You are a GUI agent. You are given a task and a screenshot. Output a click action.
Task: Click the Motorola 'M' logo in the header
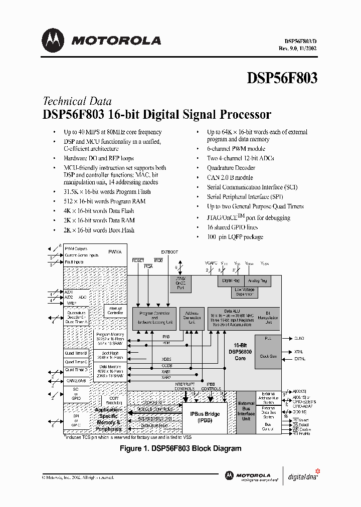coord(53,41)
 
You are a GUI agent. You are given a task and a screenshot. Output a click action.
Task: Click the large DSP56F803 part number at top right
coord(282,78)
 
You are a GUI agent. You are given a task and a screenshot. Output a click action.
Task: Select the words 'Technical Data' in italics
coord(77,101)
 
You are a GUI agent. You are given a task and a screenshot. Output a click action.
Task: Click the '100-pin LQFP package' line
coord(235,237)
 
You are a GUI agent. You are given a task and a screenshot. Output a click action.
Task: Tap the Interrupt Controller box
coord(115,311)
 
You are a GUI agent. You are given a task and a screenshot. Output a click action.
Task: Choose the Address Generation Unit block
coord(192,318)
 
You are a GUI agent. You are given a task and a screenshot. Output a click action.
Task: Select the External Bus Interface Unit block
coord(246,411)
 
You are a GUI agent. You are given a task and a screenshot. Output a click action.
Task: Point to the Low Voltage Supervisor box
coord(245,292)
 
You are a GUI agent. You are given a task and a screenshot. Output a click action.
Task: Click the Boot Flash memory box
coord(110,356)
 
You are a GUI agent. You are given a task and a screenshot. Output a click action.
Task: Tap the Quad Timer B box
coord(76,354)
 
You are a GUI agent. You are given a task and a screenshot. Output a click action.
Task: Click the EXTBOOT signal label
coord(169,252)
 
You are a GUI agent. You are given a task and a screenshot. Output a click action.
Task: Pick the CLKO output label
coord(299,338)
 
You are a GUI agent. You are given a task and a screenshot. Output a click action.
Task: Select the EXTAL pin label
coord(299,359)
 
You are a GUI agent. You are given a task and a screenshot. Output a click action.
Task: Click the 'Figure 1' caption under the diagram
coord(180,448)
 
